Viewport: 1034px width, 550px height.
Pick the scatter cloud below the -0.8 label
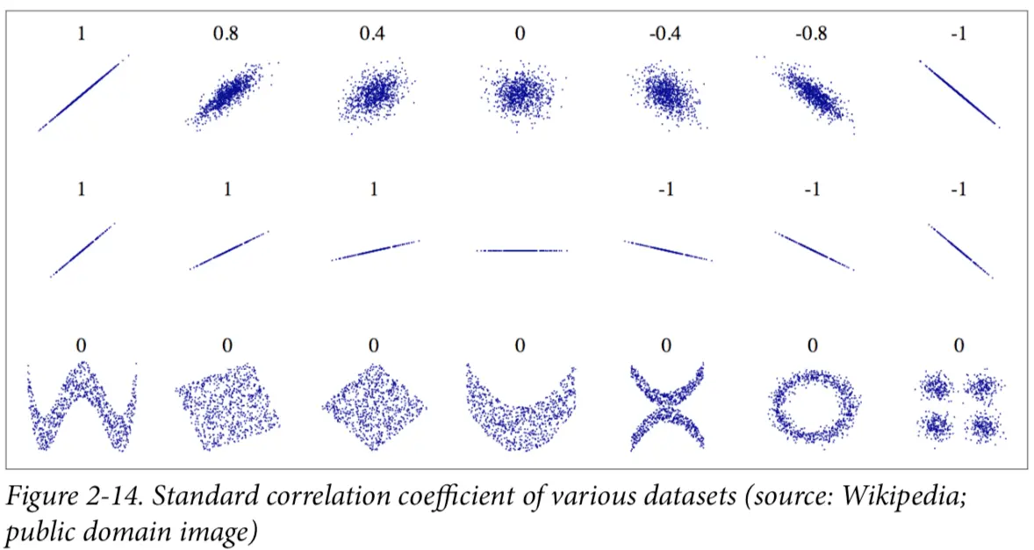811,93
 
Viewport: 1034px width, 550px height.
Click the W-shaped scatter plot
82,407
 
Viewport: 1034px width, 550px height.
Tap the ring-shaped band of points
812,407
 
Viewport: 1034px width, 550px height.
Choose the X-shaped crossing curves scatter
666,407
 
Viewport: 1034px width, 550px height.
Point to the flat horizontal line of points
521,250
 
